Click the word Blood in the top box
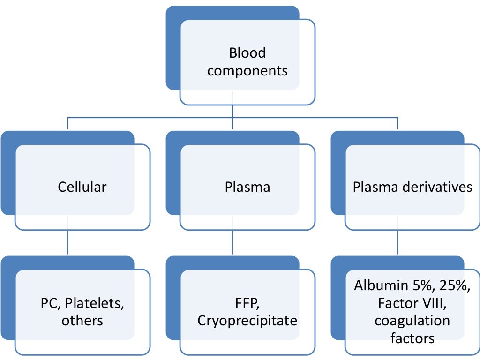[247, 53]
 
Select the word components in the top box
[247, 71]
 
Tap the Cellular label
[82, 187]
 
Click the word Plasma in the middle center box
[247, 187]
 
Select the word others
[82, 321]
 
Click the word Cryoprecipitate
[247, 321]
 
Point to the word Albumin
[378, 285]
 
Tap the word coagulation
[412, 321]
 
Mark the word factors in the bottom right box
[412, 338]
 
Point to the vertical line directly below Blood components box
[233, 111]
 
